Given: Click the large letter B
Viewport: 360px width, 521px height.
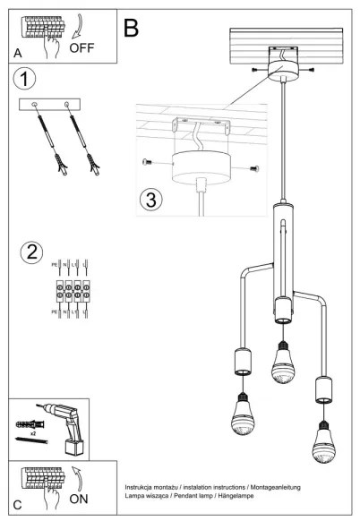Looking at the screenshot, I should click(x=132, y=28).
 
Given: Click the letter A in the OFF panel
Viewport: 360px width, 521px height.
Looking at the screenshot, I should click(x=18, y=54).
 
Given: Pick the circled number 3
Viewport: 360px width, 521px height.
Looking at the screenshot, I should click(x=152, y=198).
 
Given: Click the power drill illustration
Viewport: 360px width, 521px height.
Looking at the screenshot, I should click(x=68, y=427).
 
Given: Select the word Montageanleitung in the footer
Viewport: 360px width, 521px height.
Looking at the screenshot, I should click(x=297, y=485).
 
